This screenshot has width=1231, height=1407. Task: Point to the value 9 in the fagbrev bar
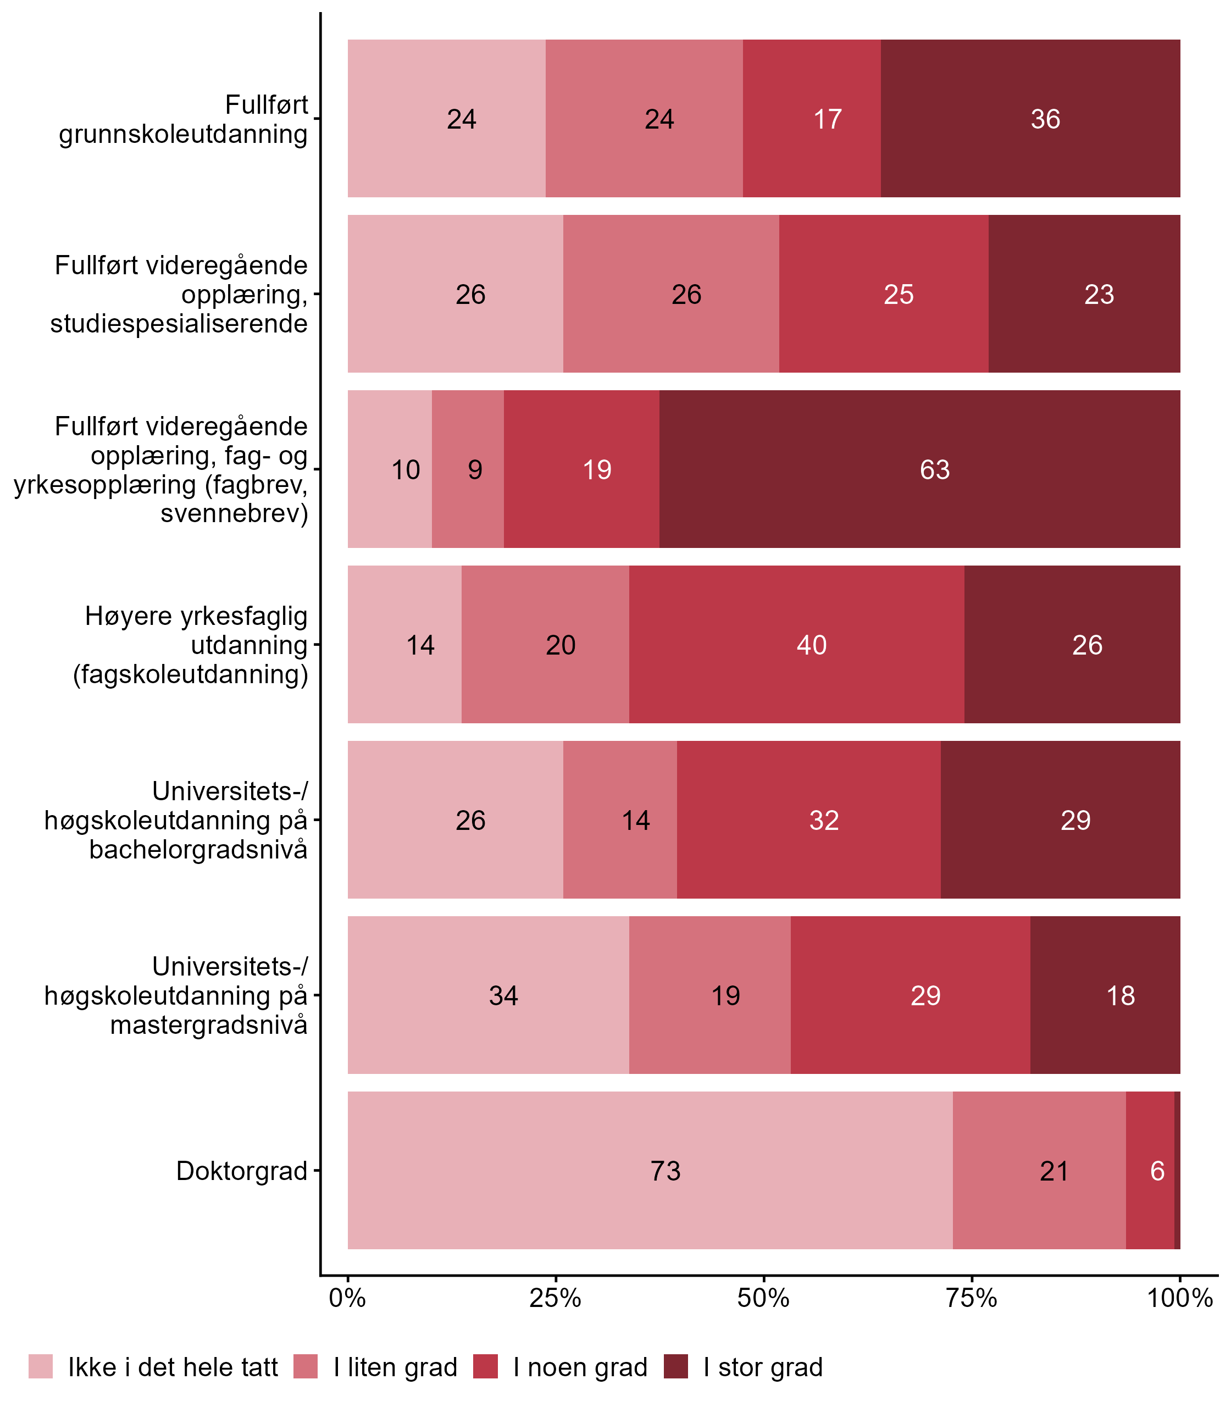[475, 470]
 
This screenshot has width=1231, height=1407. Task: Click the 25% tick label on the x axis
[555, 1298]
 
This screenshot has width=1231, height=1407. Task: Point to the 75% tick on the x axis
[972, 1298]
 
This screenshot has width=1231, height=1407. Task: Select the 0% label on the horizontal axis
[347, 1298]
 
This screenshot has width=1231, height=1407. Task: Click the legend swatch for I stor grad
[676, 1367]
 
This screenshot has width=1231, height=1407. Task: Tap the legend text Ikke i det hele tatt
[173, 1368]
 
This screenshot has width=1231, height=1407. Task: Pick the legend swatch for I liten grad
[306, 1367]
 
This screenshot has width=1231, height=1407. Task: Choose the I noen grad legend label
[580, 1368]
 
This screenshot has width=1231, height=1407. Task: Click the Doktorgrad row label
[242, 1171]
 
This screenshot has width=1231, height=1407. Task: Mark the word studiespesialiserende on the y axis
[179, 324]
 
